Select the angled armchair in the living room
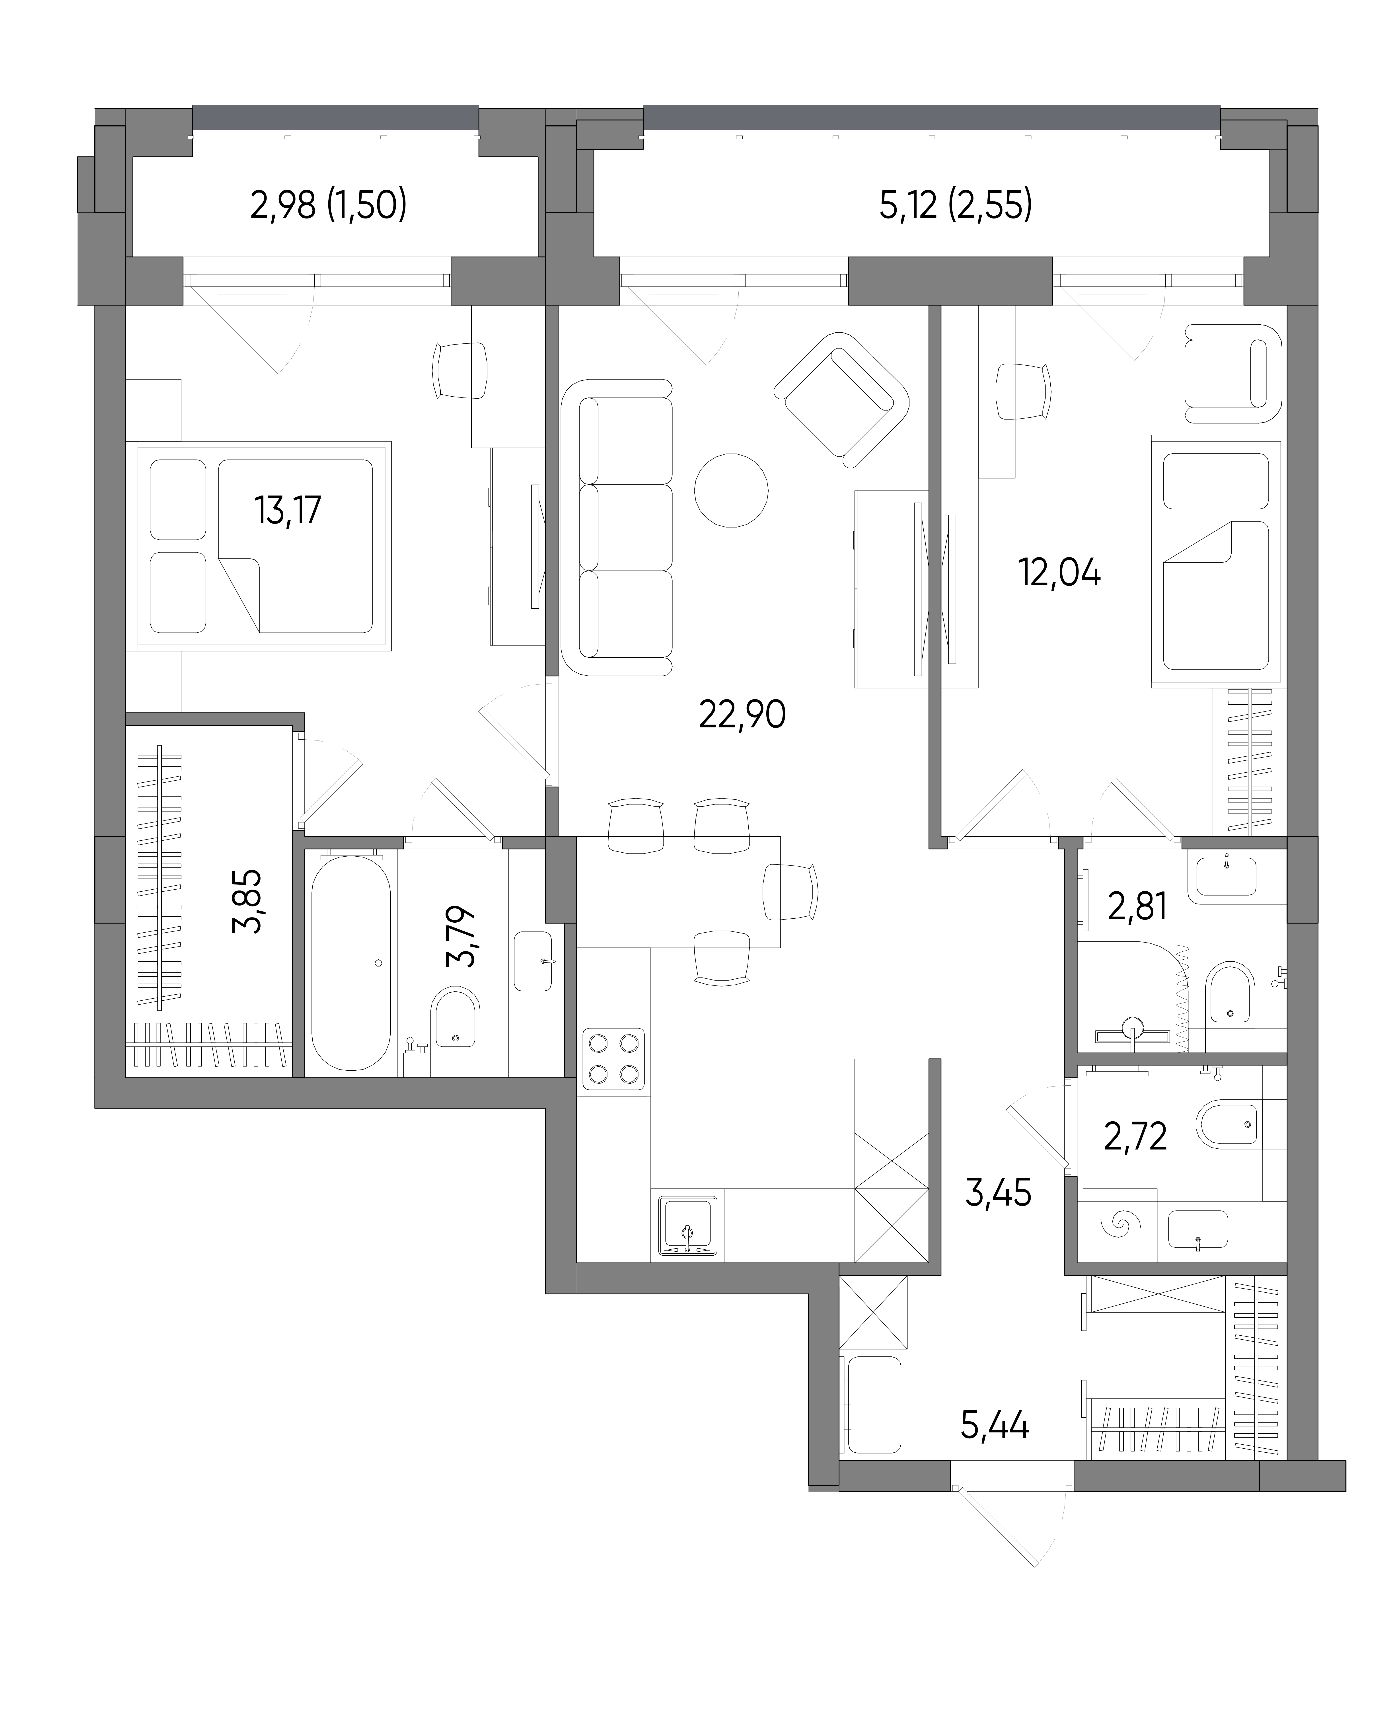(x=841, y=399)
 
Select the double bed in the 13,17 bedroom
(x=264, y=545)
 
